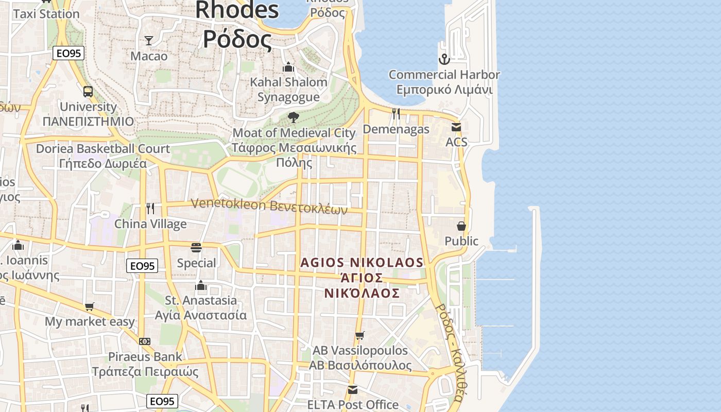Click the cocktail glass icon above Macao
click(149, 41)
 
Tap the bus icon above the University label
click(88, 92)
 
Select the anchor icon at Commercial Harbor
click(444, 59)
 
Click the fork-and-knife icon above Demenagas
click(396, 114)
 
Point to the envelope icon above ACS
click(456, 127)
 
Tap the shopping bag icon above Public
click(461, 226)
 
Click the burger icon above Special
click(196, 248)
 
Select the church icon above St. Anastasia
click(201, 285)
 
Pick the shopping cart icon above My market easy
click(90, 307)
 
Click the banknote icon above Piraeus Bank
click(145, 341)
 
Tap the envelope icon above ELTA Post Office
click(352, 390)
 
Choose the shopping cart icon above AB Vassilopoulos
click(360, 336)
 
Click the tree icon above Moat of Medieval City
click(294, 117)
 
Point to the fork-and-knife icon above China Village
click(150, 209)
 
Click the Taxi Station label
click(46, 14)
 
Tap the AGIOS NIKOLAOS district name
click(362, 263)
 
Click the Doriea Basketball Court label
click(102, 149)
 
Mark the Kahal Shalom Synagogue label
click(288, 89)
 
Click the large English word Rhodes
click(237, 10)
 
